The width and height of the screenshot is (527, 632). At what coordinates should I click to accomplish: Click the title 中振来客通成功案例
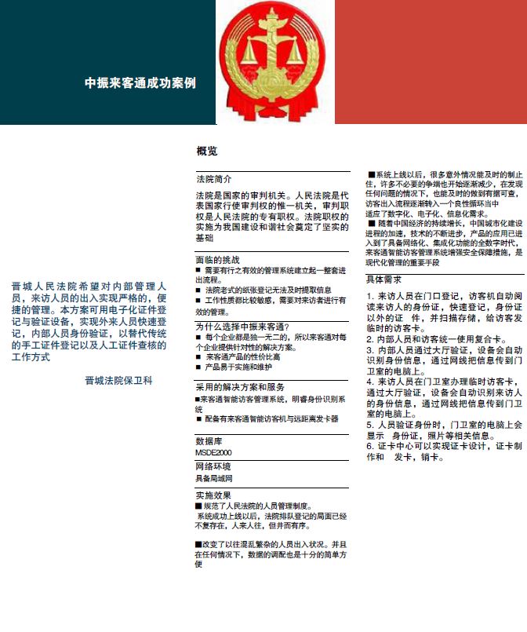pos(140,82)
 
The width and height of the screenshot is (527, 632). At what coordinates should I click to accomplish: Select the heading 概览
pos(207,151)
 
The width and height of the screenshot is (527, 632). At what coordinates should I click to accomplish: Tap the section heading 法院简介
pos(213,179)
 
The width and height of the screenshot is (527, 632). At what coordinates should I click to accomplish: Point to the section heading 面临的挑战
pos(217,260)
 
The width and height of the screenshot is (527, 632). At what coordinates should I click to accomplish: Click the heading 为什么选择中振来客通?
pos(242,327)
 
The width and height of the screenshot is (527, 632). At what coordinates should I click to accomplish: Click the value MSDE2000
pos(213,452)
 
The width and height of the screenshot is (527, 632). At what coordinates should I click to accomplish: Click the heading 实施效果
pos(213,495)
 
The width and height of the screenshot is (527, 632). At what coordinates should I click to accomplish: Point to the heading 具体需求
pos(384,279)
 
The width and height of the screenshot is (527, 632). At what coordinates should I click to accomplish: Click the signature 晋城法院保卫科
pos(119,380)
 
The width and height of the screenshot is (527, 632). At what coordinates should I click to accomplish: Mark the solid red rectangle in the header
pos(431,62)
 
